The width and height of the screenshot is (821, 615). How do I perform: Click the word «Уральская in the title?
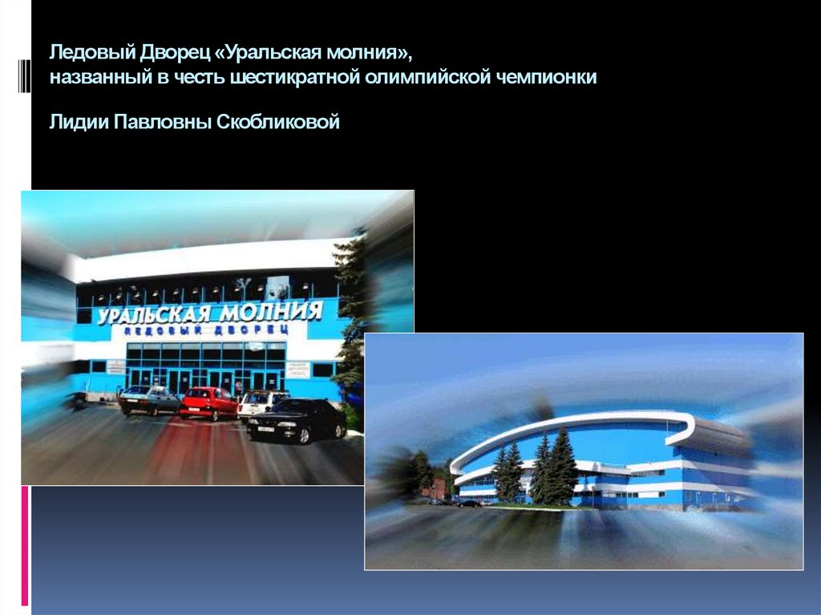(273, 54)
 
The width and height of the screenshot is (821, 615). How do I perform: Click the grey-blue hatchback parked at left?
(148, 399)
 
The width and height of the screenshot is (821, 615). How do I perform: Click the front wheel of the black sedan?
(304, 436)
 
